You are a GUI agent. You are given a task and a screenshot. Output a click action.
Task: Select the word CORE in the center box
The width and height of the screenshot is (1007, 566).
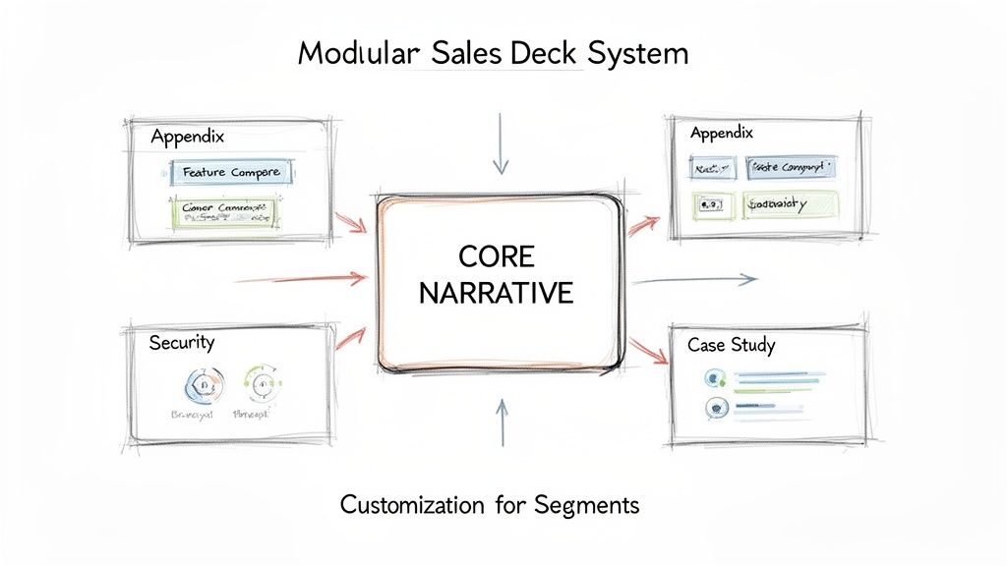tap(497, 257)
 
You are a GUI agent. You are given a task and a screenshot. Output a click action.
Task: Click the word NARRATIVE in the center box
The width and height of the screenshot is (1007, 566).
tap(497, 293)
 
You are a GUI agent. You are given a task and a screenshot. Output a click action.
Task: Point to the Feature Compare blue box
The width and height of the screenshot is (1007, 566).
tap(232, 172)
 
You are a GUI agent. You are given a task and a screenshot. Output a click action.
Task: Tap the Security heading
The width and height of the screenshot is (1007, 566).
tap(182, 343)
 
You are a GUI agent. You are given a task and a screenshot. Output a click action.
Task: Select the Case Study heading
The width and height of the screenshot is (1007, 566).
tap(731, 345)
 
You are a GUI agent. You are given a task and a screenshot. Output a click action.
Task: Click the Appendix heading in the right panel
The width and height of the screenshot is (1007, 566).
tap(721, 132)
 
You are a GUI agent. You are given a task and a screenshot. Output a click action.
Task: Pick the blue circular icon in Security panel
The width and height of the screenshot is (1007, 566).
tap(204, 385)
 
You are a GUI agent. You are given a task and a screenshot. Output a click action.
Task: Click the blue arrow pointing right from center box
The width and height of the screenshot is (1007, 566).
tap(694, 281)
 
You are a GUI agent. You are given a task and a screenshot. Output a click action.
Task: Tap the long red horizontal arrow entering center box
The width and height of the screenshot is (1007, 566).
tap(301, 279)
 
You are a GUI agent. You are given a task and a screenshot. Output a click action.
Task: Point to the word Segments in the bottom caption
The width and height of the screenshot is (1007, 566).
tap(588, 505)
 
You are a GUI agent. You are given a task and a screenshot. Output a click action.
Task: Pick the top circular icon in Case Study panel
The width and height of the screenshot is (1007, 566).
tap(715, 377)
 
